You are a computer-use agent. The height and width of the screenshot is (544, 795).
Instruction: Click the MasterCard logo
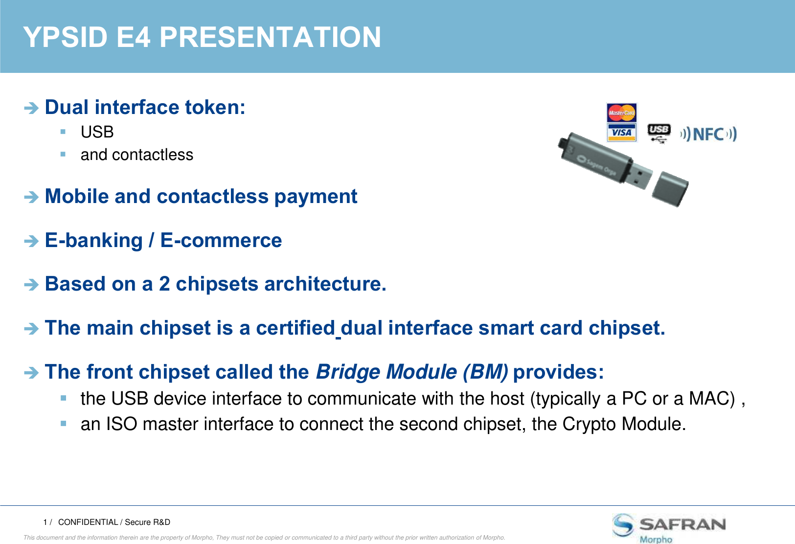coord(621,113)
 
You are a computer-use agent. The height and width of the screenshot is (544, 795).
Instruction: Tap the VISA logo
coord(621,133)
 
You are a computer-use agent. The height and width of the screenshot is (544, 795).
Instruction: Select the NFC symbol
coord(708,134)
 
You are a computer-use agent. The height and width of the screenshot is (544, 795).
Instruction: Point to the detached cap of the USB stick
coord(670,189)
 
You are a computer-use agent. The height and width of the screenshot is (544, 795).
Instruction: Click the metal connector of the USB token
coord(640,177)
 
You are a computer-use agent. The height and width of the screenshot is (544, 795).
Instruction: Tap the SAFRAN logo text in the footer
coord(682,524)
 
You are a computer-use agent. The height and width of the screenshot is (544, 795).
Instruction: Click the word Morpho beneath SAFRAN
coord(656,540)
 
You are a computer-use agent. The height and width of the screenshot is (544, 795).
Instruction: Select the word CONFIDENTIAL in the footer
coord(88,522)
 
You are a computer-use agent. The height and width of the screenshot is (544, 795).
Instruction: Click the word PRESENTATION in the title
coord(270,37)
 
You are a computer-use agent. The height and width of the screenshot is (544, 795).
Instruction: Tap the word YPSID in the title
coord(65,37)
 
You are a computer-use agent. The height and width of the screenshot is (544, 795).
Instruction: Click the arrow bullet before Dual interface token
coord(31,108)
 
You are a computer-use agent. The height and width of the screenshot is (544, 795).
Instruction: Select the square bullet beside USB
coord(63,132)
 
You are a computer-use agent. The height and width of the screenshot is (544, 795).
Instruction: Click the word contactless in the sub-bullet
coord(153,155)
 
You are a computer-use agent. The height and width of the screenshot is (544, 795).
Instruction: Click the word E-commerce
coord(221,240)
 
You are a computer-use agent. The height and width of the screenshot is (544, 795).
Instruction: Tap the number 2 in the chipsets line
coord(164,284)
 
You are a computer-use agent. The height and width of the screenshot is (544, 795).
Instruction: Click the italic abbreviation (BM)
coord(485,372)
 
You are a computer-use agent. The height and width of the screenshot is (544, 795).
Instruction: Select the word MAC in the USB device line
coord(712,398)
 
